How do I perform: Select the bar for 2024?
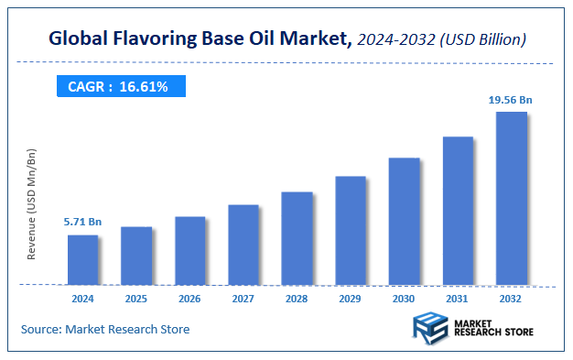tap(82, 259)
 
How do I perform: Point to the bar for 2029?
tap(351, 229)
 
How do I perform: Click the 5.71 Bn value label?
tap(81, 222)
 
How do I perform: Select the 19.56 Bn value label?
tap(511, 98)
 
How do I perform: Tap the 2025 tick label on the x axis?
tap(136, 298)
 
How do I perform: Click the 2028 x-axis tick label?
tap(297, 298)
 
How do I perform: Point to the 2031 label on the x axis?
tap(458, 298)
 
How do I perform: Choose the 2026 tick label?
tap(189, 298)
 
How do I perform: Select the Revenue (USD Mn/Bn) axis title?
tap(32, 203)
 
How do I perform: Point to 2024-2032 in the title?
tap(392, 39)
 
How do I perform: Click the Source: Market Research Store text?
tap(105, 329)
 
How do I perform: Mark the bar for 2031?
tap(458, 210)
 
